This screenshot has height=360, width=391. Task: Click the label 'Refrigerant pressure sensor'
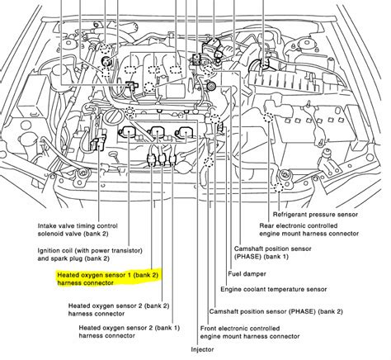coord(315,215)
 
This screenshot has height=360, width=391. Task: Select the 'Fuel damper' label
coord(247,274)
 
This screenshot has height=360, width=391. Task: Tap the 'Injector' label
coord(202,349)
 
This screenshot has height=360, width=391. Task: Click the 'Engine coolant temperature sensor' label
coord(274,290)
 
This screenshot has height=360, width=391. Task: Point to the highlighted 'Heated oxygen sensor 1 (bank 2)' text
coord(108,279)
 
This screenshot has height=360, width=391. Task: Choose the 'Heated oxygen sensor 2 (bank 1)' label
coord(130,332)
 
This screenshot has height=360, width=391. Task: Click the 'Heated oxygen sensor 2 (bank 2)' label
coord(119,310)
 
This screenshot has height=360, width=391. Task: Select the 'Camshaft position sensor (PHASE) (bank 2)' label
coord(276,311)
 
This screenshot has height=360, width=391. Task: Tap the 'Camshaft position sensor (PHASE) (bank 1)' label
coord(272,253)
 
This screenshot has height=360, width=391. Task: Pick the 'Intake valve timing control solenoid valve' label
coord(78,230)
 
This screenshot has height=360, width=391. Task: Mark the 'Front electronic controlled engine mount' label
coord(250,332)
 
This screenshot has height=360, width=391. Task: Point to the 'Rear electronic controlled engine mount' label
coord(309,230)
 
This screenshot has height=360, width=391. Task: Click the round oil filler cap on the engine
coord(113,117)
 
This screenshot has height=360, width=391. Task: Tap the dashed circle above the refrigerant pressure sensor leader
coord(279,187)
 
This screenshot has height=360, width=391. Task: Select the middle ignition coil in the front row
coord(156,132)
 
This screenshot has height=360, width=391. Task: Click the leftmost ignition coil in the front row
coord(129,132)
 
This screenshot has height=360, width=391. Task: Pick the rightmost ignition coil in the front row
coord(184,132)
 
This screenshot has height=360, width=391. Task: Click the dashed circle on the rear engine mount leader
coord(267,118)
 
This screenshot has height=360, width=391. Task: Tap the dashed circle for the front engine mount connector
coord(209,162)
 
